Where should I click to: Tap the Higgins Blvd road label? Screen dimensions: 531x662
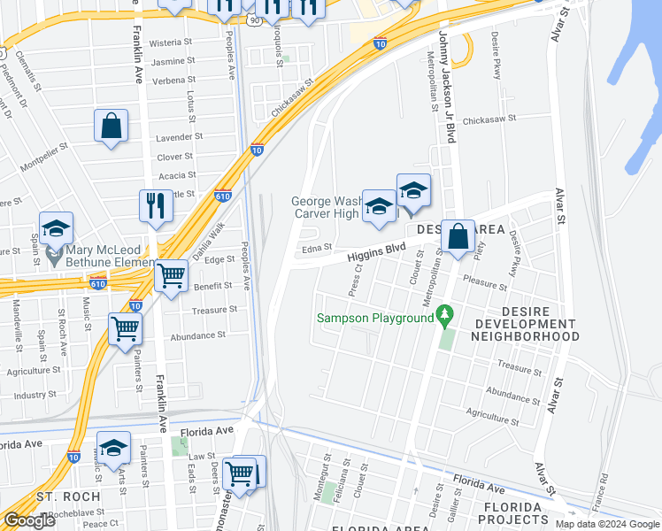(376, 253)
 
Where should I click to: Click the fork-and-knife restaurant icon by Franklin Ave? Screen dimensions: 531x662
(156, 207)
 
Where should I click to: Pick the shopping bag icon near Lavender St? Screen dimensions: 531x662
(112, 127)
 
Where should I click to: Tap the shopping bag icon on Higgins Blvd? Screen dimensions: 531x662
(458, 237)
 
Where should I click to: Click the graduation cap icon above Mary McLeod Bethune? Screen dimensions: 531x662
(56, 229)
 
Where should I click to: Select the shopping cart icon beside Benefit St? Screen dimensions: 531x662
(171, 276)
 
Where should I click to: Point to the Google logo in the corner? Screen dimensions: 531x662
(29, 520)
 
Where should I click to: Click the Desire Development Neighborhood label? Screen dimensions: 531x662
(524, 325)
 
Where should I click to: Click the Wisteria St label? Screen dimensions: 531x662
(171, 42)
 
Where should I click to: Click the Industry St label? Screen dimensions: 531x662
(35, 395)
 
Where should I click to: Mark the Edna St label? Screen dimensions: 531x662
(316, 248)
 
